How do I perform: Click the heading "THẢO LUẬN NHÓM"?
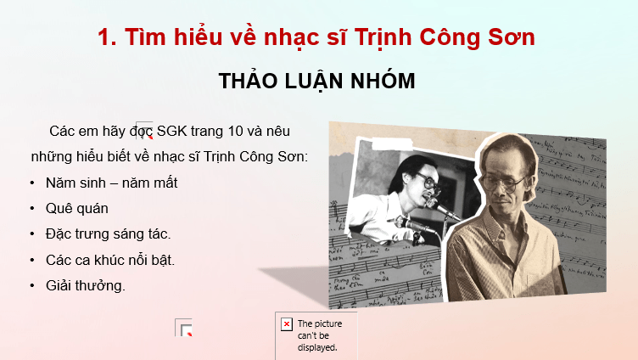pyautogui.click(x=317, y=82)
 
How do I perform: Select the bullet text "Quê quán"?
pyautogui.click(x=77, y=208)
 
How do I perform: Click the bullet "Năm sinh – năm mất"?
pyautogui.click(x=112, y=183)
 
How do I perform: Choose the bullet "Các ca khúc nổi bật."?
pyautogui.click(x=110, y=259)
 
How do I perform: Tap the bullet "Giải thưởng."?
pyautogui.click(x=86, y=284)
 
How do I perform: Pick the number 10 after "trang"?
pyautogui.click(x=240, y=132)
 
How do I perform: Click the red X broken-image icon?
pyautogui.click(x=287, y=324)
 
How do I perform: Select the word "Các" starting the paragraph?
pyautogui.click(x=64, y=132)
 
